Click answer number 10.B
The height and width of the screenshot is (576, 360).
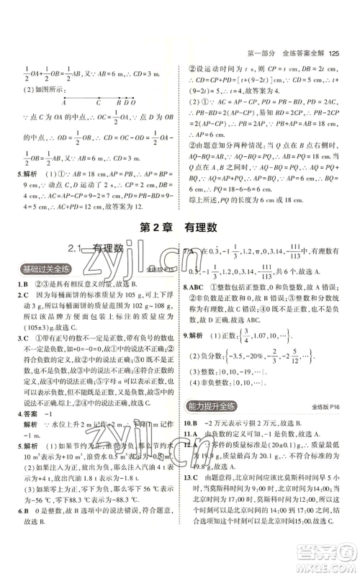pos(193,421)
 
